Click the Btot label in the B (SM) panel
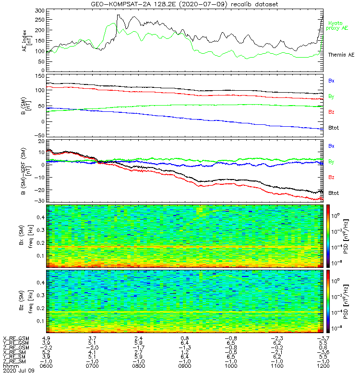(334, 128)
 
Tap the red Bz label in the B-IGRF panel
(331, 177)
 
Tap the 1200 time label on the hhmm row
(322, 366)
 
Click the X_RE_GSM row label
(15, 338)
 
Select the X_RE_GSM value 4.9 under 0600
(47, 338)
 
